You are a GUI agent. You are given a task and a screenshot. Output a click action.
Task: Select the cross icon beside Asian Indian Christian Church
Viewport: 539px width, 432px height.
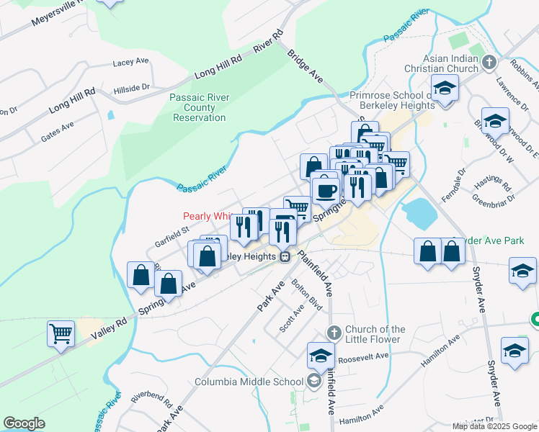pyautogui.click(x=490, y=62)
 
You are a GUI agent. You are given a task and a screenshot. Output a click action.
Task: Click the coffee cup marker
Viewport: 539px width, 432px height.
pyautogui.click(x=326, y=191)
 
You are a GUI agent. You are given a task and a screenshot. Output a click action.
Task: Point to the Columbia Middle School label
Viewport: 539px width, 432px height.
pyautogui.click(x=250, y=382)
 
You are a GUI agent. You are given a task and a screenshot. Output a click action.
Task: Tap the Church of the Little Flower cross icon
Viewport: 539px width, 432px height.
pyautogui.click(x=333, y=333)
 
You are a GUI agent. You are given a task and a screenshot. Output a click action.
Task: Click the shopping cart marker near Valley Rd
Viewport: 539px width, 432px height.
pyautogui.click(x=61, y=333)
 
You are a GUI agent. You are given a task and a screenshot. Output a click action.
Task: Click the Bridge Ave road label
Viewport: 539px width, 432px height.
pyautogui.click(x=305, y=66)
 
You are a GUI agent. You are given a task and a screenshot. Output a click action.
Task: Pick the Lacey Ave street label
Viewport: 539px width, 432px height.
pyautogui.click(x=130, y=63)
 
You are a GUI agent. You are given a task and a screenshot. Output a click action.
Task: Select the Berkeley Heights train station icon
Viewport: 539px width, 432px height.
pyautogui.click(x=285, y=256)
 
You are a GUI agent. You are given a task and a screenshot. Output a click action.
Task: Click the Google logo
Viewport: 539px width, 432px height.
pyautogui.click(x=24, y=423)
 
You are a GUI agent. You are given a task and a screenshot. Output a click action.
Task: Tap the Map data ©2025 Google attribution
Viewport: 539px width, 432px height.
pyautogui.click(x=494, y=426)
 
